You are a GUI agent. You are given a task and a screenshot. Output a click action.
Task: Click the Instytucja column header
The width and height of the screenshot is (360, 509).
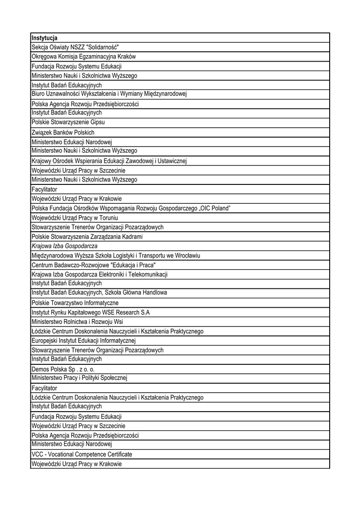(x=44, y=38)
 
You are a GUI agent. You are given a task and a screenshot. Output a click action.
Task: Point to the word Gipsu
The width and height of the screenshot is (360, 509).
(x=97, y=122)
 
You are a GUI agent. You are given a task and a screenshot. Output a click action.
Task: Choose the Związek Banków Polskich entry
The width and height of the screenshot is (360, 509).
(x=63, y=133)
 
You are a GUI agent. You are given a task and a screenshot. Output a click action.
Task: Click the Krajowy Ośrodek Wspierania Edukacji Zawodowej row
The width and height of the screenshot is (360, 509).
(x=108, y=161)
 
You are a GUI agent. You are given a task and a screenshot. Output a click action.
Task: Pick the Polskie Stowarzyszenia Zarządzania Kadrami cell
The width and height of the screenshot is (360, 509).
(x=87, y=237)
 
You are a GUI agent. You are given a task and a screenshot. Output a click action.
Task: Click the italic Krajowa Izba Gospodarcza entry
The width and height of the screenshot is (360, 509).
(x=64, y=246)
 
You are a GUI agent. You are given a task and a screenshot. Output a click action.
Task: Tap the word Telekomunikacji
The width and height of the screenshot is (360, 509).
(x=144, y=274)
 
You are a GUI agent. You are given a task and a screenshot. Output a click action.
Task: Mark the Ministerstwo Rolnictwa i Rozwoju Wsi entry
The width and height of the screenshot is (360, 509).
(x=77, y=322)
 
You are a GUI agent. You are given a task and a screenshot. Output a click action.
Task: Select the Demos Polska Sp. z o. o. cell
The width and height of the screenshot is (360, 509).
(x=63, y=369)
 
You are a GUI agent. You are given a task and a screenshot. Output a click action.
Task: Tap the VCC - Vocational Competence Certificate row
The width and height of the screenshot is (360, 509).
(x=82, y=454)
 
